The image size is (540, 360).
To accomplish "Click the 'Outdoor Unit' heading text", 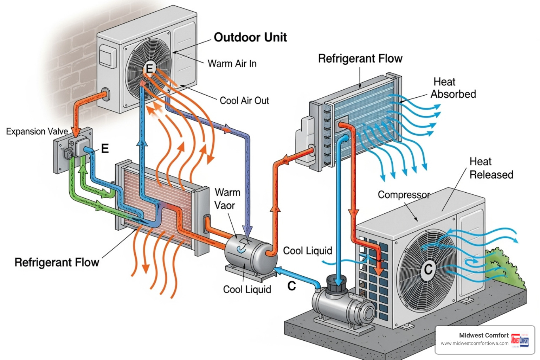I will click(250, 37).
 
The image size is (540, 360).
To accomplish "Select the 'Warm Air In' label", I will click(232, 64).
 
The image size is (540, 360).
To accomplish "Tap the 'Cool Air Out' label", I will click(244, 101).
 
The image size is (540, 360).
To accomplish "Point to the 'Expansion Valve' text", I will click(37, 131).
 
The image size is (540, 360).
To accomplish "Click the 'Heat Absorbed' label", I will click(453, 88).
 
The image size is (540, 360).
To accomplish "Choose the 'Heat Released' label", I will click(491, 168).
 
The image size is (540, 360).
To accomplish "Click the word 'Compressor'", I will click(404, 195).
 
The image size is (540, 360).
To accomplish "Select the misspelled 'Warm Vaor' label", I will click(227, 199).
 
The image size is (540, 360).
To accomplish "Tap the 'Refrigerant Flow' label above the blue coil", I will click(360, 58).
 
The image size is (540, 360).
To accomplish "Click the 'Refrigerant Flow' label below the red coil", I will click(57, 262).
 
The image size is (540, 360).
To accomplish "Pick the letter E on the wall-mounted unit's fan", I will click(149, 68).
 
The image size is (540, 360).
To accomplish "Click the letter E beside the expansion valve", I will click(105, 149).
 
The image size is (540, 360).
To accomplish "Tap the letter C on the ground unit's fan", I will click(428, 269).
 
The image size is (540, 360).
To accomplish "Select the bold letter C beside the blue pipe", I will click(292, 286).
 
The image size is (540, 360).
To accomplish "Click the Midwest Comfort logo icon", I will click(520, 340).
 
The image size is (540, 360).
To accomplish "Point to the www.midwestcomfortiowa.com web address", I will click(475, 343).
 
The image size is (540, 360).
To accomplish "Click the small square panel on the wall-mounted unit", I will click(107, 57).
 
